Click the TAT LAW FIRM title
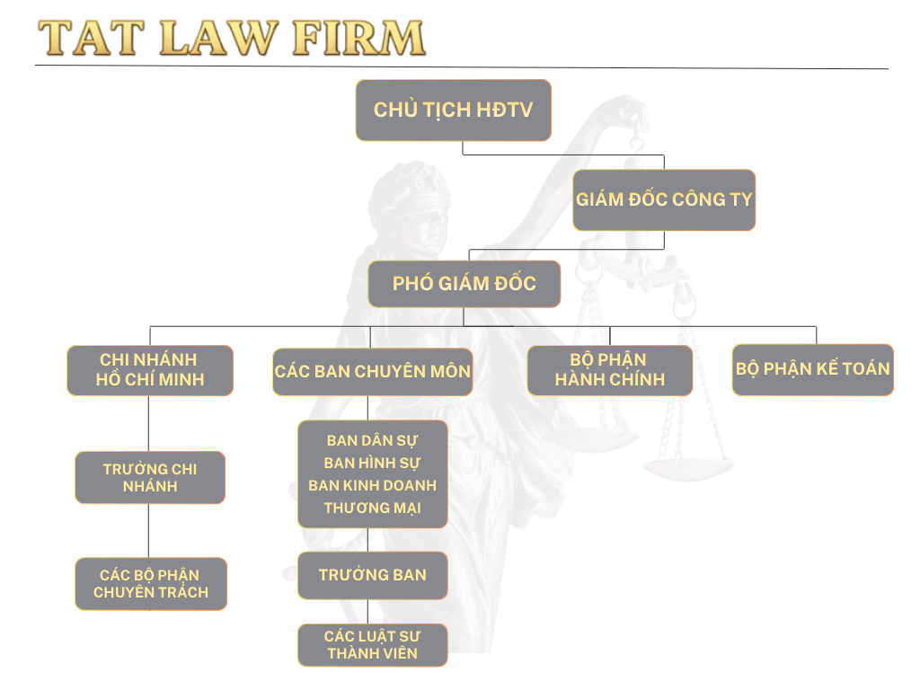[x=231, y=38]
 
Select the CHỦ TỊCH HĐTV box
[x=453, y=110]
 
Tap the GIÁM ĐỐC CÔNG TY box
[x=664, y=199]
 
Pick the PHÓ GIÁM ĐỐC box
[x=464, y=284]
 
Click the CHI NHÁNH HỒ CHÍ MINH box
[x=150, y=370]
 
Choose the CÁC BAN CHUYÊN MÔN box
[x=373, y=371]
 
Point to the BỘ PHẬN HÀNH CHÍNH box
[x=609, y=370]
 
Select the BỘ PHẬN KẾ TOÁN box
[x=813, y=369]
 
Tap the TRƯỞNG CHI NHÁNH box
[x=150, y=477]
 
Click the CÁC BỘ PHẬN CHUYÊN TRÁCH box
[x=151, y=584]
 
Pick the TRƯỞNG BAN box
[x=373, y=575]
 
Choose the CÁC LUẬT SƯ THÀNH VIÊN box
[x=373, y=645]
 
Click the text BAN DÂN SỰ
[x=373, y=441]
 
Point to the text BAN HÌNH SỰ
[x=373, y=464]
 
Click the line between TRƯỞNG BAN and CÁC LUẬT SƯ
[x=368, y=612]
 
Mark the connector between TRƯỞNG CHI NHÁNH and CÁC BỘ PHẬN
[x=150, y=530]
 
